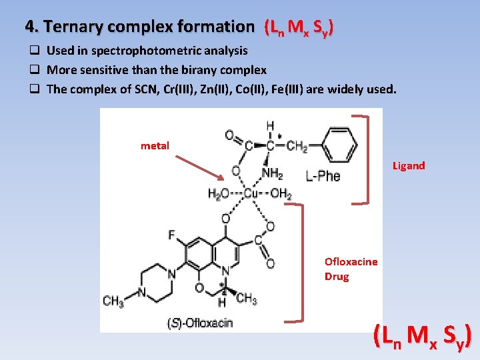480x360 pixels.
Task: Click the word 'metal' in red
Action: tap(155, 145)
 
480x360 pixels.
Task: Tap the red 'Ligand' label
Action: tap(408, 166)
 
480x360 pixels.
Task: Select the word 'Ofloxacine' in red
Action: tap(351, 262)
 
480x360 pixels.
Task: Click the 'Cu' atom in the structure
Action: tap(251, 194)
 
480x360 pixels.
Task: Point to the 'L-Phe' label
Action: tap(323, 176)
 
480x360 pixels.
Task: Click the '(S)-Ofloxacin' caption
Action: tap(200, 323)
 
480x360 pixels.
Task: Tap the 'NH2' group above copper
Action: tap(272, 174)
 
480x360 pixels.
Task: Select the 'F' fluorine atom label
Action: tap(172, 235)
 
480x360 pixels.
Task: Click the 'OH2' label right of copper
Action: tap(281, 194)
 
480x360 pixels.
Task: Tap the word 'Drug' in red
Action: tap(337, 276)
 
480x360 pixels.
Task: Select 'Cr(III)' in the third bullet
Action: tap(180, 89)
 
